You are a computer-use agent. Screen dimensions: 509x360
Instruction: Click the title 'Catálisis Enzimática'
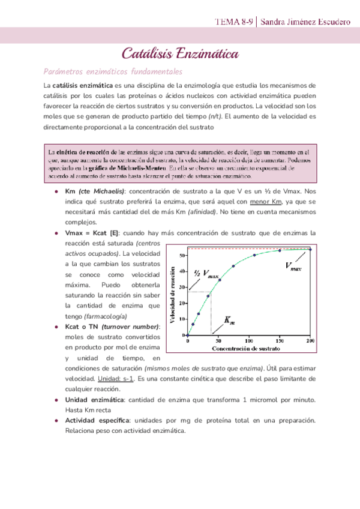coord(180,55)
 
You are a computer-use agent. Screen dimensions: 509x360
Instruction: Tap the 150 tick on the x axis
coord(279,341)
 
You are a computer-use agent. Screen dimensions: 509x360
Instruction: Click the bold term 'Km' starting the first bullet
coord(70,190)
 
